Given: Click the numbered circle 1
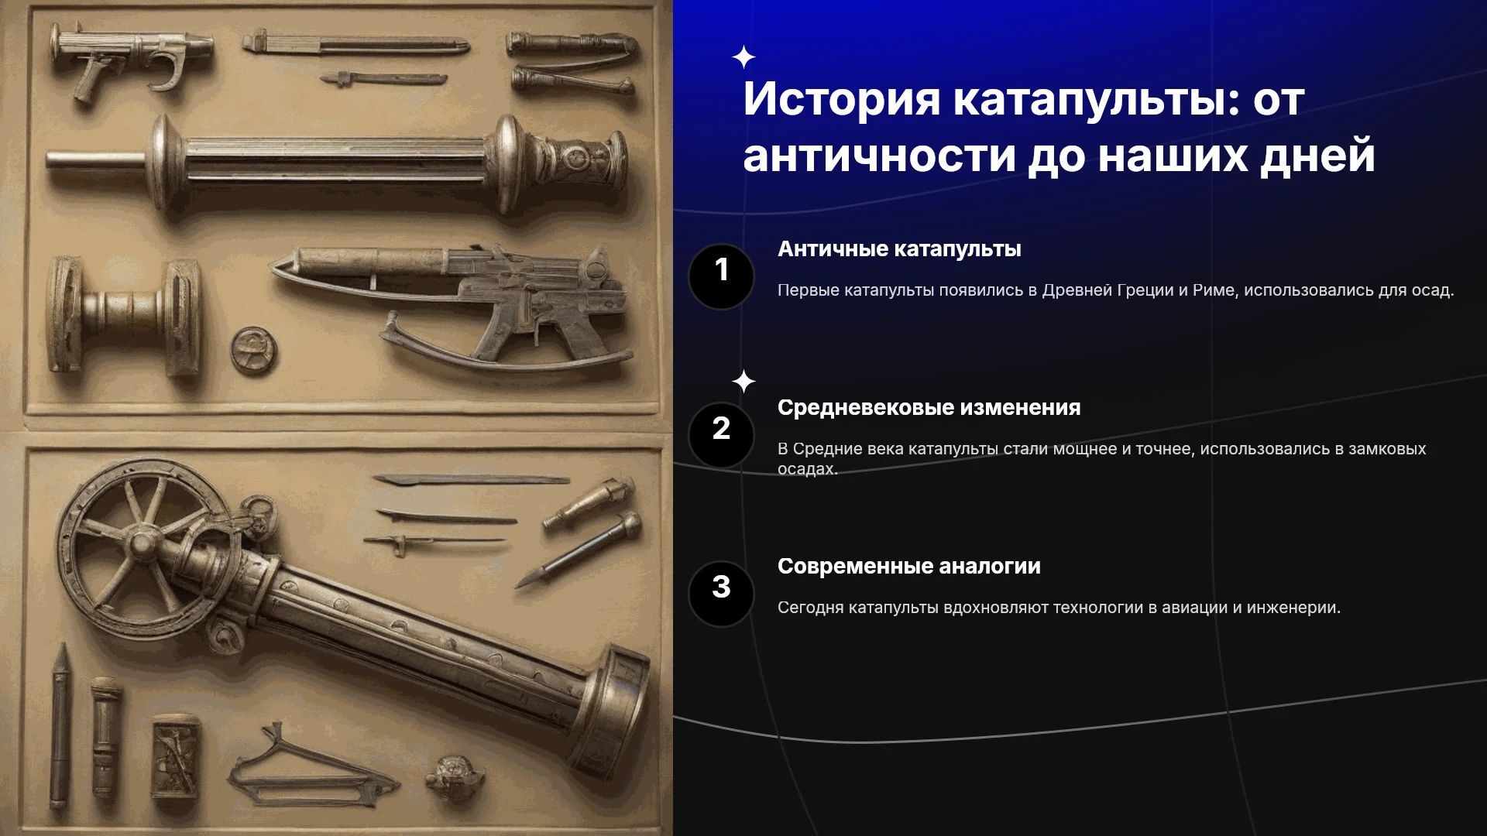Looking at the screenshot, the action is tap(721, 276).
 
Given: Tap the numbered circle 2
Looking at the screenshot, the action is tap(721, 435).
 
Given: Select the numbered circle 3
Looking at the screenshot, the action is tap(721, 594).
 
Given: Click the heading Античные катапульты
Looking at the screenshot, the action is tap(899, 249).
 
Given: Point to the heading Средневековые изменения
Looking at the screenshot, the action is tap(929, 408).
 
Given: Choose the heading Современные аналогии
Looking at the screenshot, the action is tap(908, 567).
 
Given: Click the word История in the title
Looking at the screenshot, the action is tap(841, 99).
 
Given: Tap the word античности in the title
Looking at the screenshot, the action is tap(879, 155).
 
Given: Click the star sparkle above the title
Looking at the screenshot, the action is tap(743, 57).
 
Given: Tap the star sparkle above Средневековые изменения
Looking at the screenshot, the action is tap(743, 381).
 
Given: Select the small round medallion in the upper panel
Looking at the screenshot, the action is tap(253, 351).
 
